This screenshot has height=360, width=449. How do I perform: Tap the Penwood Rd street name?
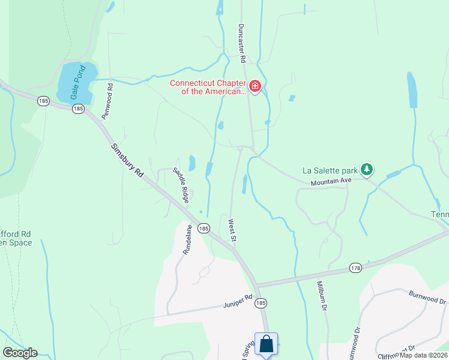(x=107, y=101)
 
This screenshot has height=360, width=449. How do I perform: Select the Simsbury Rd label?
(x=127, y=160)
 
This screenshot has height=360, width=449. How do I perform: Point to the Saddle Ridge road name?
(x=182, y=184)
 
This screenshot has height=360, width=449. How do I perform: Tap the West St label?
(x=232, y=230)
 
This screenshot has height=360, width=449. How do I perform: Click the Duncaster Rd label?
(x=242, y=43)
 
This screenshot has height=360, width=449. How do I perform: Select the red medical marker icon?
(x=255, y=88)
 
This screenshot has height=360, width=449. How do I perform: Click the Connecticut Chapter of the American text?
(x=208, y=88)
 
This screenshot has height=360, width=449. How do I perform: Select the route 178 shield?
(x=356, y=268)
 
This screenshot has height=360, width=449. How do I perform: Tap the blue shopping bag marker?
(x=266, y=344)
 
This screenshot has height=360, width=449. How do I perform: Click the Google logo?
(x=20, y=353)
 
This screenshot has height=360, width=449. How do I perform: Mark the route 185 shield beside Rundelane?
(x=204, y=229)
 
